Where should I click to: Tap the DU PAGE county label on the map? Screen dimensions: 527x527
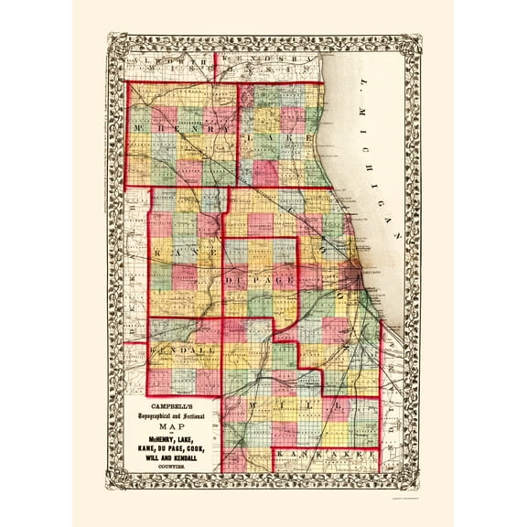(260, 274)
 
